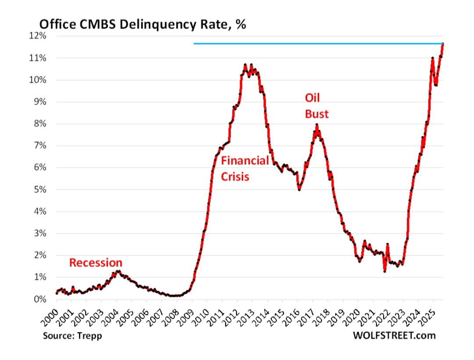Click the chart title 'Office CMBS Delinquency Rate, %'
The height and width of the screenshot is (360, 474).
[x=143, y=24]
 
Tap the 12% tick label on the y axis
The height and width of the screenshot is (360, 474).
[x=39, y=36]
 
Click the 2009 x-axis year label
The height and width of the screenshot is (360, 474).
[x=186, y=315]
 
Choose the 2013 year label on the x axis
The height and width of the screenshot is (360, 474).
[x=246, y=315]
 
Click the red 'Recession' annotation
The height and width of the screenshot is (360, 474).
[x=96, y=263]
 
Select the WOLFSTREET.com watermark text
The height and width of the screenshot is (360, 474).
[x=394, y=336]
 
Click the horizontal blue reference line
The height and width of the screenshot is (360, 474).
[x=307, y=43]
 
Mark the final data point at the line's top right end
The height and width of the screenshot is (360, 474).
[x=443, y=44]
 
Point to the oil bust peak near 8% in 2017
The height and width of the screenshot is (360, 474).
[x=316, y=125]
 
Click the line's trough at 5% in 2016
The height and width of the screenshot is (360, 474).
[x=299, y=189]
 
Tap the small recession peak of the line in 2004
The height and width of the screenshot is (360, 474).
[x=117, y=271]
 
